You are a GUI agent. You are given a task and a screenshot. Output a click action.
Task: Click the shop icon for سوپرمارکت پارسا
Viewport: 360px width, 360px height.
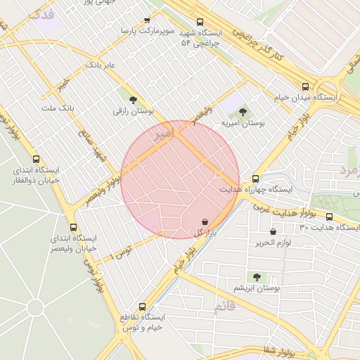pyautogui.click(x=147, y=20)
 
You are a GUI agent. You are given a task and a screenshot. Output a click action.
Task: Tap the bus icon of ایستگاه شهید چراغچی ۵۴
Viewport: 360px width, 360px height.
pyautogui.click(x=201, y=22)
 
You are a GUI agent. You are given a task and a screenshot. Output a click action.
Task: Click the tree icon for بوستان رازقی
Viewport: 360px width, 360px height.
pyautogui.click(x=134, y=100)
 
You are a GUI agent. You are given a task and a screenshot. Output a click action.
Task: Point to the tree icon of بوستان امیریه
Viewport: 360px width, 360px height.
pyautogui.click(x=243, y=112)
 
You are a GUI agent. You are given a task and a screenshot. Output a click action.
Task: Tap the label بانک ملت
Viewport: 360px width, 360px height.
pyautogui.click(x=57, y=108)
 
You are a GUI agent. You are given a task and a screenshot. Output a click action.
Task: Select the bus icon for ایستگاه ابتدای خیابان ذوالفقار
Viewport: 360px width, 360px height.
pyautogui.click(x=37, y=159)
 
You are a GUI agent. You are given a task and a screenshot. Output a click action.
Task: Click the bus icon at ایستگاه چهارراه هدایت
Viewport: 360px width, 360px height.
pyautogui.click(x=255, y=179)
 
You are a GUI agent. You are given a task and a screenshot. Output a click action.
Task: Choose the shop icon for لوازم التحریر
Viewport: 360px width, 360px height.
pyautogui.click(x=273, y=231)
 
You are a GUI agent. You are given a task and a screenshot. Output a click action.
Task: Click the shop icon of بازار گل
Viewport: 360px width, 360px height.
pyautogui.click(x=204, y=221)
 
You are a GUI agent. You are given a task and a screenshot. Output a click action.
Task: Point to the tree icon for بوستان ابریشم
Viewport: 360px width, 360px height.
pyautogui.click(x=257, y=277)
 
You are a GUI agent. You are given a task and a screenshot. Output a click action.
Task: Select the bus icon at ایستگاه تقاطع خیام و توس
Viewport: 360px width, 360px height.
pyautogui.click(x=143, y=307)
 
